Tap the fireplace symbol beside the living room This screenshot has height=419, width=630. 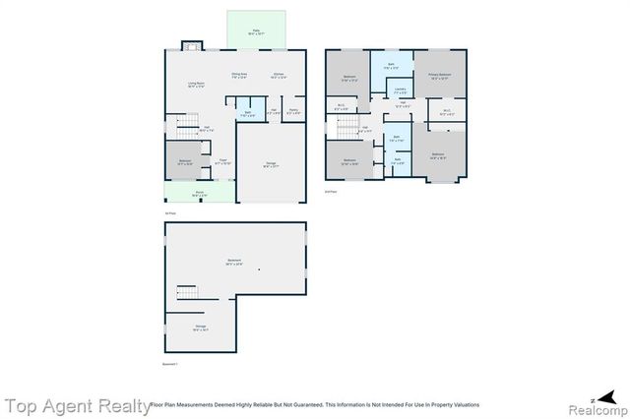coord(193,45)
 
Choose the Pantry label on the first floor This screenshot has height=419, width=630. coord(293,111)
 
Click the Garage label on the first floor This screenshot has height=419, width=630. coord(270,164)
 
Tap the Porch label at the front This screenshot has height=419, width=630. coord(199,194)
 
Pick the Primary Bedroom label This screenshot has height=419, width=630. coord(439,75)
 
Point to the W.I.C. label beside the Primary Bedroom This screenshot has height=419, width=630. coord(446,112)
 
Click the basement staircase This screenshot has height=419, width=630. coord(186,292)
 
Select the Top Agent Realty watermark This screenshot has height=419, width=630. coord(74,404)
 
